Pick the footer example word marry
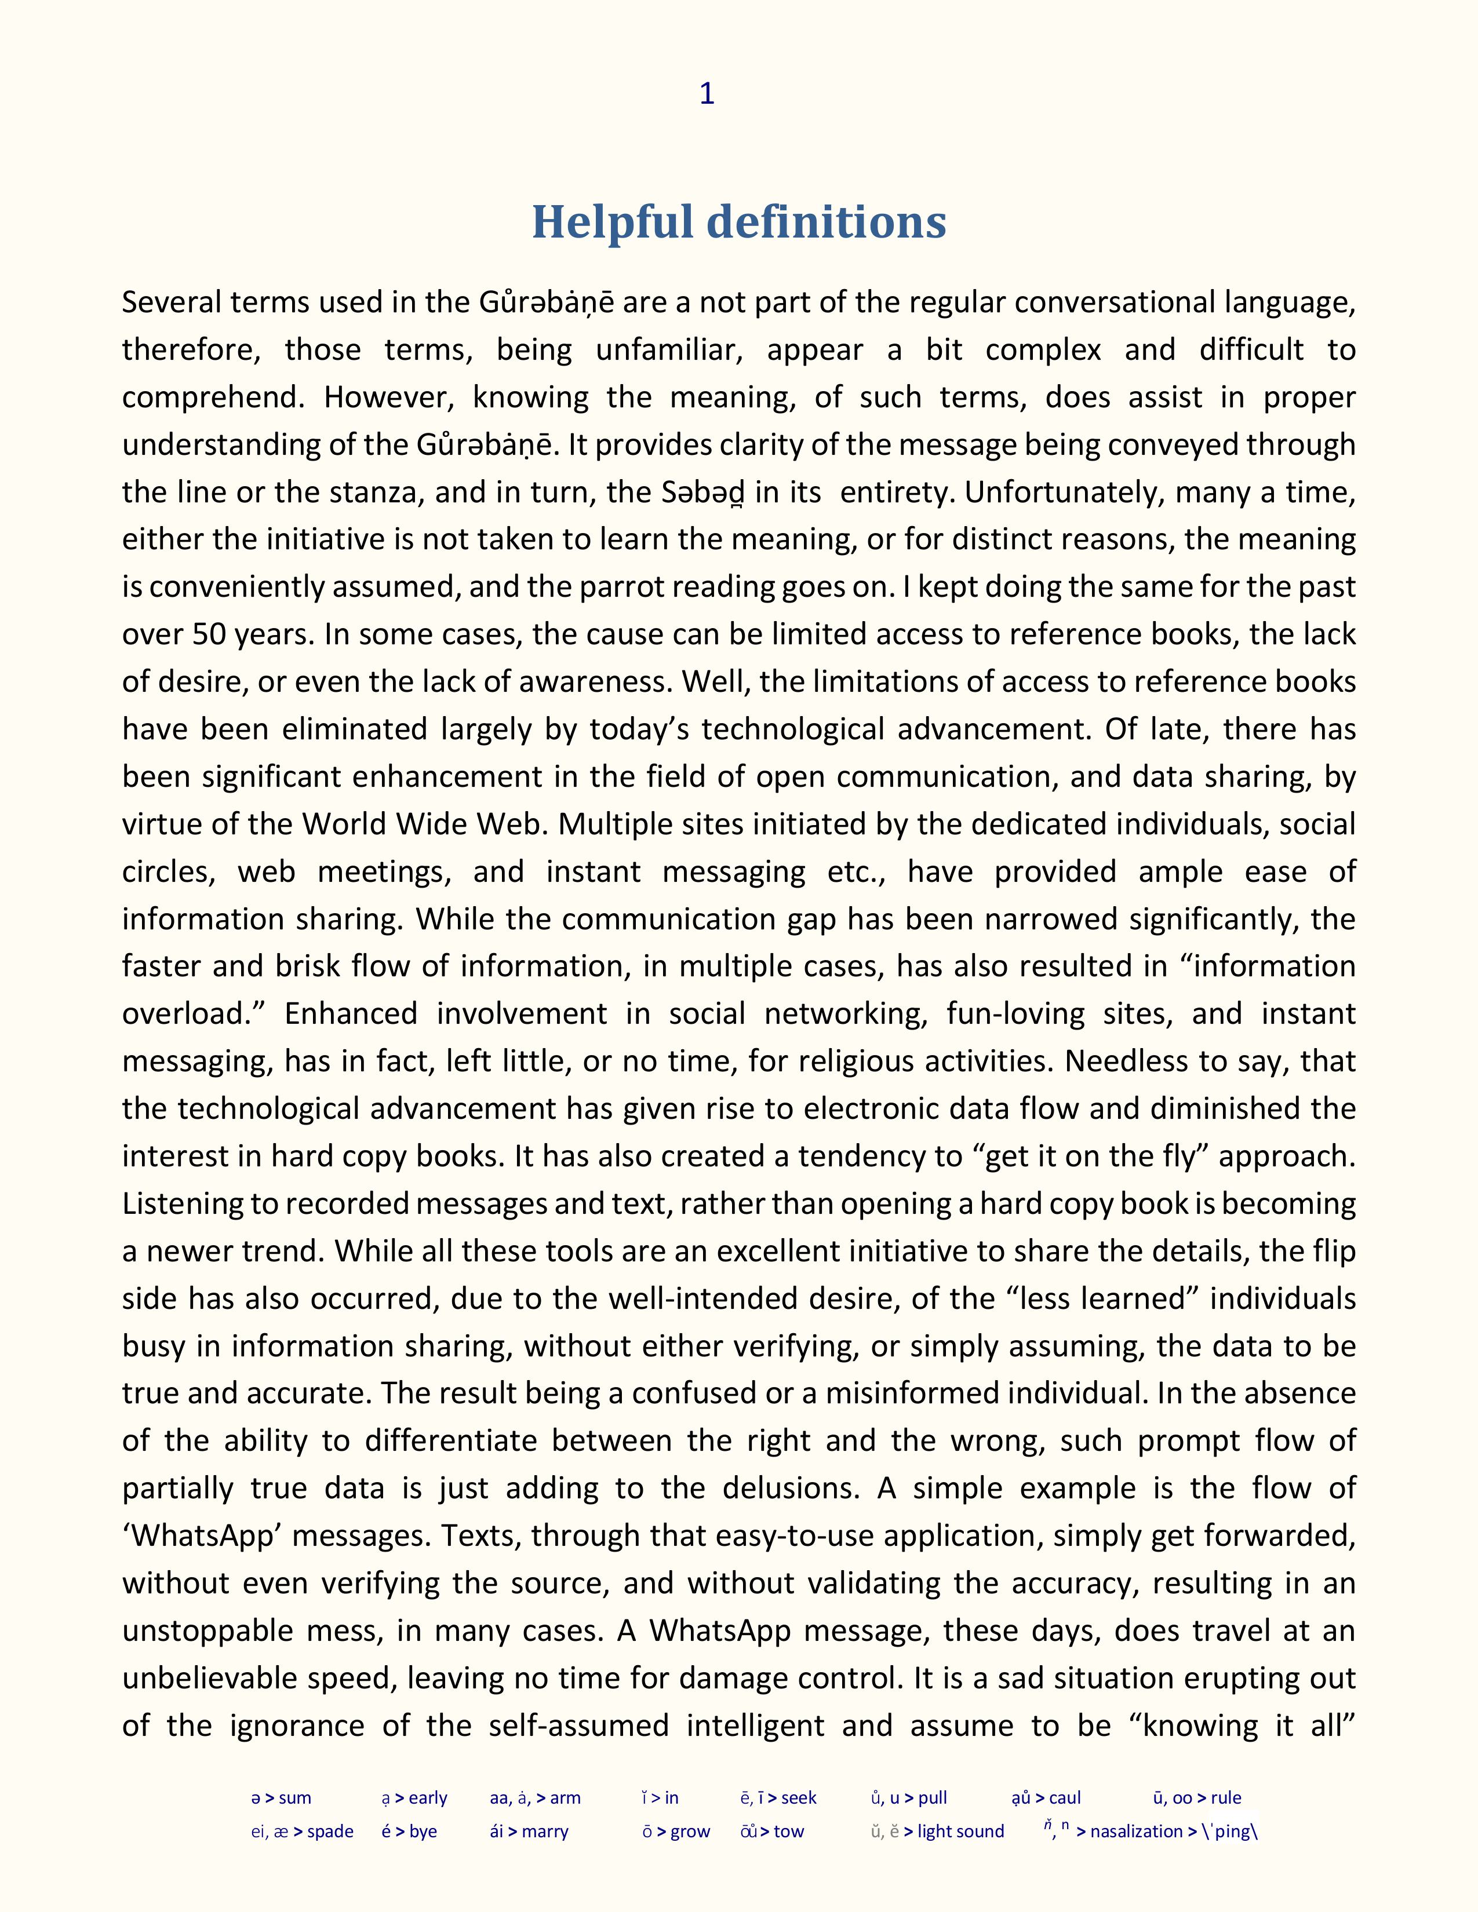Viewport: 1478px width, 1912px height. pos(545,1831)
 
